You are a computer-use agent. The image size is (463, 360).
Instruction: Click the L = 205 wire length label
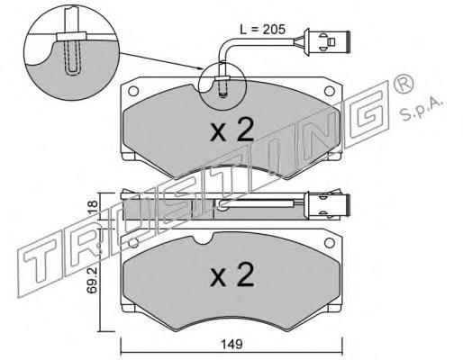pyautogui.click(x=262, y=30)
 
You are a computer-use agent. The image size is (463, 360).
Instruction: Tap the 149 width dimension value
pyautogui.click(x=232, y=344)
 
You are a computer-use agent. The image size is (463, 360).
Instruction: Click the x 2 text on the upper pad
pyautogui.click(x=232, y=130)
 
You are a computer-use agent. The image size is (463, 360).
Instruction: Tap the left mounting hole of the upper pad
pyautogui.click(x=133, y=91)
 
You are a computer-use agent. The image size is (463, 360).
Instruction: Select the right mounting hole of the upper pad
pyautogui.click(x=330, y=91)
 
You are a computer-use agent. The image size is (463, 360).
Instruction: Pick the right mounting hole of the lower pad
pyautogui.click(x=330, y=242)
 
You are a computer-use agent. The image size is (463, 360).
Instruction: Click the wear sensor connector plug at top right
pyautogui.click(x=327, y=42)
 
